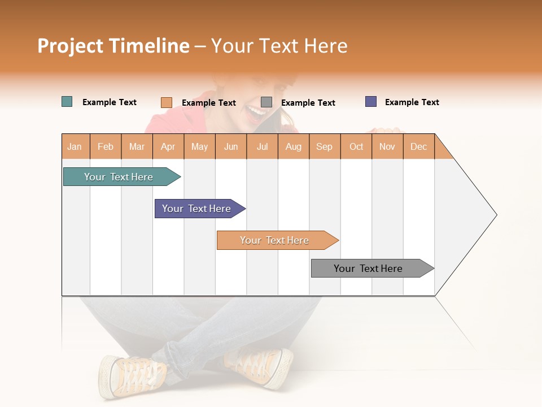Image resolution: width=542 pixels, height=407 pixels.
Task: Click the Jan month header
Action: pyautogui.click(x=75, y=146)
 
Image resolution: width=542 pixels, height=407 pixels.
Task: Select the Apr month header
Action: pyautogui.click(x=168, y=146)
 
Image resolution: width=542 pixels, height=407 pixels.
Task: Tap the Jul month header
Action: pyautogui.click(x=262, y=146)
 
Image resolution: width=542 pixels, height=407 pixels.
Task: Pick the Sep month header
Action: pyautogui.click(x=324, y=146)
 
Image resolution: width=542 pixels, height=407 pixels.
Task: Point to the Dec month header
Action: pyautogui.click(x=418, y=146)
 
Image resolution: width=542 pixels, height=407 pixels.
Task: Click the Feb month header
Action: pyautogui.click(x=106, y=146)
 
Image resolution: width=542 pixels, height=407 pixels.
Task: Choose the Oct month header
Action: pyautogui.click(x=356, y=146)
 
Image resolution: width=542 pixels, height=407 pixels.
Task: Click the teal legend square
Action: pyautogui.click(x=67, y=102)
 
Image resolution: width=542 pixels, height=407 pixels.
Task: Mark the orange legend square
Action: pyautogui.click(x=167, y=102)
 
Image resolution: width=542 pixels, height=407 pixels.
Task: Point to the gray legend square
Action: pyautogui.click(x=266, y=102)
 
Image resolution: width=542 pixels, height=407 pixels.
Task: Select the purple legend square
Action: pyautogui.click(x=371, y=102)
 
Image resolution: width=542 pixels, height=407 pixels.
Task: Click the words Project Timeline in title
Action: pyautogui.click(x=113, y=46)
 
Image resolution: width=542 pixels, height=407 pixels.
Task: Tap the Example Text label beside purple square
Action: pyautogui.click(x=412, y=102)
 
